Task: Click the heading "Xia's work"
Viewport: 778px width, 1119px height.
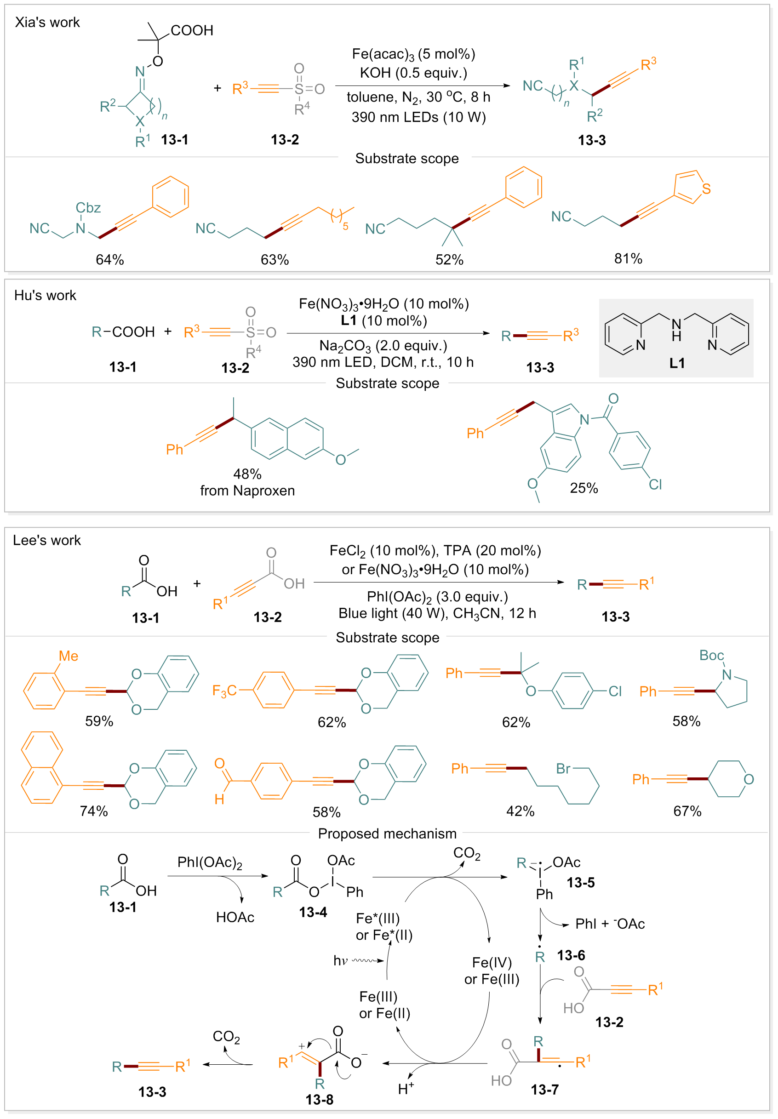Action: pyautogui.click(x=47, y=23)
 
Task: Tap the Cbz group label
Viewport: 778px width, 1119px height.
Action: pyautogui.click(x=88, y=208)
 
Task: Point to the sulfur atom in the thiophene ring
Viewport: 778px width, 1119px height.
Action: pyautogui.click(x=706, y=188)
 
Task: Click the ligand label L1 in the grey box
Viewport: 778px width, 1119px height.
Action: pyautogui.click(x=676, y=363)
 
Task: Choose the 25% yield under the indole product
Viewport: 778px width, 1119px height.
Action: pyautogui.click(x=583, y=488)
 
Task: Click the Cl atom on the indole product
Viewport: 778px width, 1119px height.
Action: pyautogui.click(x=655, y=484)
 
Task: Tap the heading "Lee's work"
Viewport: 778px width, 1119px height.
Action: pyautogui.click(x=47, y=540)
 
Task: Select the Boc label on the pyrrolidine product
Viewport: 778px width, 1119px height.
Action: pyautogui.click(x=711, y=655)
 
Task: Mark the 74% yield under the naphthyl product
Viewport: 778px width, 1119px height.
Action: pyautogui.click(x=94, y=811)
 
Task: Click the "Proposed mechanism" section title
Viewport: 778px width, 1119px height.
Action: pyautogui.click(x=387, y=834)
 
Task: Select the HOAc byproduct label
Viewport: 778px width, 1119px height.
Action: pyautogui.click(x=235, y=917)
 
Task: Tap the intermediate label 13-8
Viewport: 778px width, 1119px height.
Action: pyautogui.click(x=319, y=1100)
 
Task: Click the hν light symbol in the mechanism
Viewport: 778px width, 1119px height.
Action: pyautogui.click(x=340, y=960)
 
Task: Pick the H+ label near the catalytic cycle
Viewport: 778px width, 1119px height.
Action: pyautogui.click(x=406, y=1089)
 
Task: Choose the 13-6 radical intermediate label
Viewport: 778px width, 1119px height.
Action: pyautogui.click(x=571, y=955)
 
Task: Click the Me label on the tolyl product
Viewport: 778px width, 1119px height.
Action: pyautogui.click(x=68, y=656)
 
